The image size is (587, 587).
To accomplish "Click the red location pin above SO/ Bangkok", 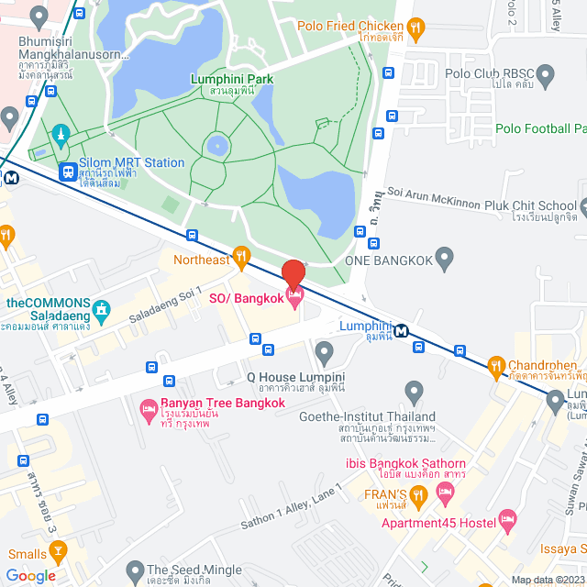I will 293,272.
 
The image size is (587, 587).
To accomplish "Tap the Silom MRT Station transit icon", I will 67,171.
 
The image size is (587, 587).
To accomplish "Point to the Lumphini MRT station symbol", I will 401,331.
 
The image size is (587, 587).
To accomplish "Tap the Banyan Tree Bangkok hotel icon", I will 148,411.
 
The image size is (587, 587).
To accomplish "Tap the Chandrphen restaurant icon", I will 496,365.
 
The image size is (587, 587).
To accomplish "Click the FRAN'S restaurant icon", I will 418,497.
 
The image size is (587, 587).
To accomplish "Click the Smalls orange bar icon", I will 59,553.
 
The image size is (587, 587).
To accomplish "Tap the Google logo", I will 30,576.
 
